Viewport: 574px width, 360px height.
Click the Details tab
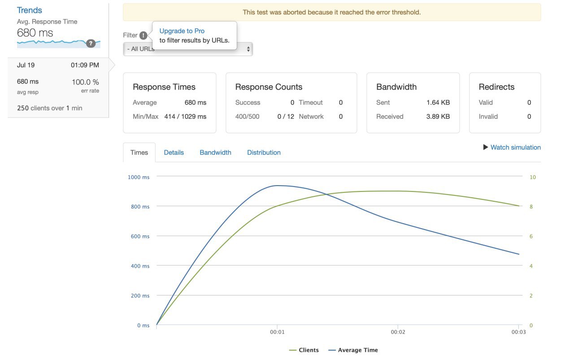tap(174, 152)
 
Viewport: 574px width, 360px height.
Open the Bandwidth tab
tap(215, 152)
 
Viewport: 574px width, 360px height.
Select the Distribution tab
tap(264, 152)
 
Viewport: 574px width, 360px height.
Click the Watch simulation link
tap(515, 147)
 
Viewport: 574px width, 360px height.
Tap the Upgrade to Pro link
tap(182, 31)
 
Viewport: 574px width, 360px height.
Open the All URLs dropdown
tap(188, 49)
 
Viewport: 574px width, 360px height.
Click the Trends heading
tap(30, 10)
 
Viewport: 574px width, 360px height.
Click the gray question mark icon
tap(91, 43)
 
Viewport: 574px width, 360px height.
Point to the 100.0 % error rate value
tap(85, 82)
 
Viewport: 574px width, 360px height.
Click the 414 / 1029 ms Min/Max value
tap(185, 117)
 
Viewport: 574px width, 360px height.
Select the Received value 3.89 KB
tap(438, 117)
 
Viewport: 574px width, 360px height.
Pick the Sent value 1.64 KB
tap(438, 102)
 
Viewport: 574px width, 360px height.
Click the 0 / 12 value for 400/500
tap(286, 117)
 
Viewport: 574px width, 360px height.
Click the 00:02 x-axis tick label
tap(398, 332)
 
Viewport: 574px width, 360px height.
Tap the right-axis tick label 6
tap(531, 236)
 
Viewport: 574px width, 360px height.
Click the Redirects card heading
tap(496, 87)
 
